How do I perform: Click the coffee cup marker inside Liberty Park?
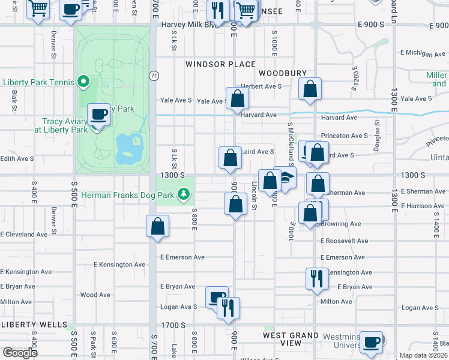pyautogui.click(x=99, y=113)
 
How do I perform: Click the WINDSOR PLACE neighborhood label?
pyautogui.click(x=220, y=64)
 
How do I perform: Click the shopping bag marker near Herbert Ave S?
pyautogui.click(x=310, y=89)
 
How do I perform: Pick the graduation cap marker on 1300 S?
pyautogui.click(x=286, y=177)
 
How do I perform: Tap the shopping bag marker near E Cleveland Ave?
pyautogui.click(x=158, y=226)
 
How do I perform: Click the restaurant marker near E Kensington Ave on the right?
pyautogui.click(x=316, y=278)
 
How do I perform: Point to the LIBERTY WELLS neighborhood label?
pyautogui.click(x=30, y=325)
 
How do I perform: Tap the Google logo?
pyautogui.click(x=19, y=352)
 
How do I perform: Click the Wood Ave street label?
pyautogui.click(x=95, y=295)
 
